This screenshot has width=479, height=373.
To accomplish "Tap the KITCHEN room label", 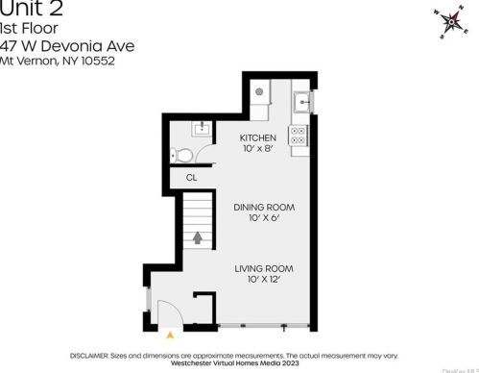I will click(x=257, y=137).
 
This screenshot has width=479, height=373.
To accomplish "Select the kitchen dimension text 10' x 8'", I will click(x=257, y=149).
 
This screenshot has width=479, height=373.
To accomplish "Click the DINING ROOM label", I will click(x=264, y=207).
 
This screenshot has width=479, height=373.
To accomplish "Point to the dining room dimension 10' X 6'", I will click(x=264, y=218).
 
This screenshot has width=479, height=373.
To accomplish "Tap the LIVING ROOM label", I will click(x=264, y=268).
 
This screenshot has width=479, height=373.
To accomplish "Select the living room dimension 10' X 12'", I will click(x=264, y=280).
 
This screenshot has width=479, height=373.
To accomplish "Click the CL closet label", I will click(x=192, y=177).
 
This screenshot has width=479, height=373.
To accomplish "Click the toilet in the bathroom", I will click(x=181, y=154).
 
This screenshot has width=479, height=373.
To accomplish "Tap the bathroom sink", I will click(x=202, y=127).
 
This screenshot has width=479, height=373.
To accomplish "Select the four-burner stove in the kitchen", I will click(x=299, y=135).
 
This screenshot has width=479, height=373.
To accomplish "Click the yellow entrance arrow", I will click(x=171, y=335).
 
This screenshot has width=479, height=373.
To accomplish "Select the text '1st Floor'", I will click(x=29, y=28).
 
